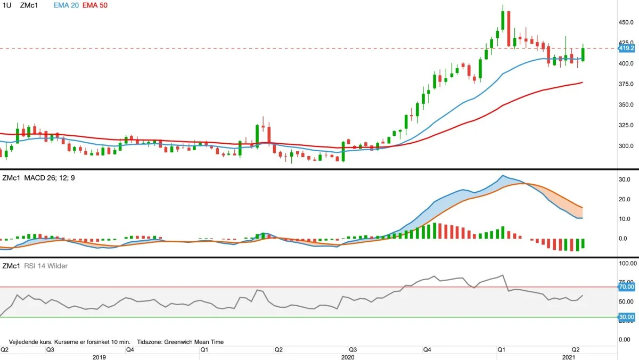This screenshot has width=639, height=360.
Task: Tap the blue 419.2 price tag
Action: [x=626, y=48]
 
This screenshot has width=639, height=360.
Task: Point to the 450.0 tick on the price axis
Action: [x=626, y=22]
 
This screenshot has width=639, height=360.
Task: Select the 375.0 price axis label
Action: [x=626, y=84]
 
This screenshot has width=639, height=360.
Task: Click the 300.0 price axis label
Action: [x=626, y=146]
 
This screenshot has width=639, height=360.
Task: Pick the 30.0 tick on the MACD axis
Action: [x=625, y=179]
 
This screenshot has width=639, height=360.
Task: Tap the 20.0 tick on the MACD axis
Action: [x=625, y=199]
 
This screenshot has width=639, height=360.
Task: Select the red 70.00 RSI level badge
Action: [x=626, y=287]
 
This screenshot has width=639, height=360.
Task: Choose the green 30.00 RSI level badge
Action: [x=626, y=317]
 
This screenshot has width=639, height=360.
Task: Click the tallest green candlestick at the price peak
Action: [x=503, y=19]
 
